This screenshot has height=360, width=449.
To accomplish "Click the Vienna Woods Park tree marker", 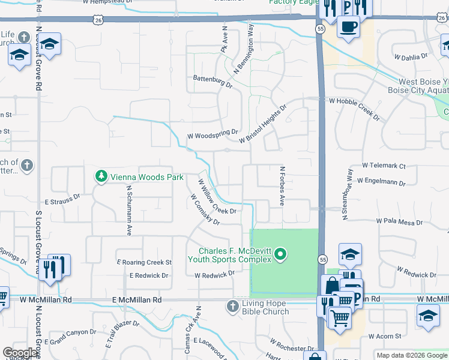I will point(101,176).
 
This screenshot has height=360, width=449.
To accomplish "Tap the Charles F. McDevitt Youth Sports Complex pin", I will point(279,256).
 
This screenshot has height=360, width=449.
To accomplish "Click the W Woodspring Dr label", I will point(212,136).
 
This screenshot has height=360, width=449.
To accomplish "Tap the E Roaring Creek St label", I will point(145,262).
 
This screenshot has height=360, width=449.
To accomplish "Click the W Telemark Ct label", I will point(384,166).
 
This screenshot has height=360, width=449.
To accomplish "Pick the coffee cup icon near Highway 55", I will point(348,27).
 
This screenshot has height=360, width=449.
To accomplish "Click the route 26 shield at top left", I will point(98,20).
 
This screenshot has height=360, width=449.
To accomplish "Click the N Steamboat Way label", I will point(348,194).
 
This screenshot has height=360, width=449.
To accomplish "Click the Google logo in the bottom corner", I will point(20,353).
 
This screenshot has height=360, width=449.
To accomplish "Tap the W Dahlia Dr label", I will point(411,56).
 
